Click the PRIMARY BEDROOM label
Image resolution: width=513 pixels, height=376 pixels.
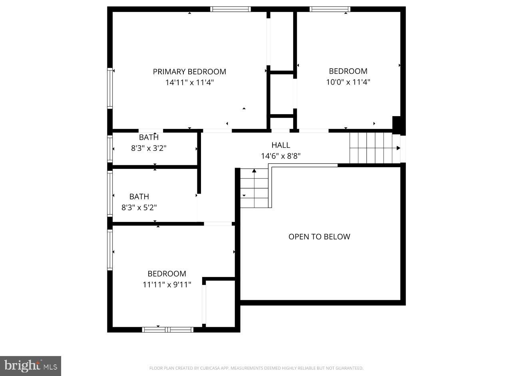coord(189,72)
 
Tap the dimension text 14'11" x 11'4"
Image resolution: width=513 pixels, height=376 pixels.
coord(189,83)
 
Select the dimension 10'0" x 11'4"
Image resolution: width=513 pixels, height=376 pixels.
coord(348,82)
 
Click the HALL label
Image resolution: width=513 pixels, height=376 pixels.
coord(281,145)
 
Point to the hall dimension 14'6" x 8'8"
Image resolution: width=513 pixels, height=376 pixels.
coord(281,156)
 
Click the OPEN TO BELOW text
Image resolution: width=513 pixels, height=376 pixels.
coord(319,237)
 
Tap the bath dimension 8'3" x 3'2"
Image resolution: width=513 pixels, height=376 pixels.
coord(149,148)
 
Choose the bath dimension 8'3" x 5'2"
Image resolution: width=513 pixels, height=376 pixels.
coord(139,208)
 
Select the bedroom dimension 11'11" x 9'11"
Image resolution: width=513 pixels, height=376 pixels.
coord(167,285)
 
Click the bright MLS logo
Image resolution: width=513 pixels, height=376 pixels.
coord(31,366)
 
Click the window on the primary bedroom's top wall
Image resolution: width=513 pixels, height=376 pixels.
coord(231,9)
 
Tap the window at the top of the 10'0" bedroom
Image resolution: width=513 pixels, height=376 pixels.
coord(330,9)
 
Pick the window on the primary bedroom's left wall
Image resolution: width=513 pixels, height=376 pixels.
coord(110,88)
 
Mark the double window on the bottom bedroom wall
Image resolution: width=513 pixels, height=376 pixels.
coord(168,330)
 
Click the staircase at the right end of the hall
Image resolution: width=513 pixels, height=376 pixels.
coord(375,148)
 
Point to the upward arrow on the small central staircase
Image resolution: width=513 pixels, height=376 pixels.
coord(254,171)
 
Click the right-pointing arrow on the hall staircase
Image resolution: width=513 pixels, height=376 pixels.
coord(398,148)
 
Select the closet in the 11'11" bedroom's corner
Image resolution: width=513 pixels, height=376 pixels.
coord(220,303)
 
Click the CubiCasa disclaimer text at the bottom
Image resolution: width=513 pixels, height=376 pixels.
coord(256,368)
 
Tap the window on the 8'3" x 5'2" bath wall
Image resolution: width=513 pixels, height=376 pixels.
coord(110,194)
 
